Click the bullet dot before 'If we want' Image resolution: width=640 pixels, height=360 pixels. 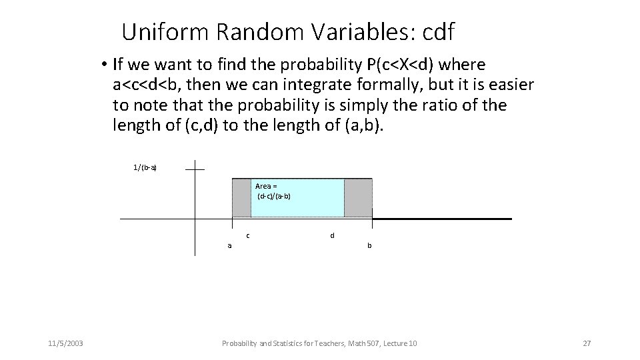(x=105, y=65)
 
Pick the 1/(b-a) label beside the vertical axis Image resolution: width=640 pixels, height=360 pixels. (x=145, y=167)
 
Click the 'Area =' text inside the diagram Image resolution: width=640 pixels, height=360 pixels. (x=266, y=186)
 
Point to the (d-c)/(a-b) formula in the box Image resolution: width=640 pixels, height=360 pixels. (x=273, y=197)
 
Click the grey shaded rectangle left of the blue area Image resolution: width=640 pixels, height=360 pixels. (x=241, y=198)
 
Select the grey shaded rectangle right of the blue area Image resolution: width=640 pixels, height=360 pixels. (x=358, y=198)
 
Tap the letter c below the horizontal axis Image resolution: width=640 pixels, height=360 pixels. (x=248, y=235)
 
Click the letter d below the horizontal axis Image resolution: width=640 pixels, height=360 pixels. (x=332, y=235)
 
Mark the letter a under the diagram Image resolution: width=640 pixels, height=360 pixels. (x=230, y=245)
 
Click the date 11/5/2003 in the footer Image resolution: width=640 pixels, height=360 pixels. (x=65, y=343)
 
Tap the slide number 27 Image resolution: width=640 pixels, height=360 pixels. (x=587, y=343)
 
